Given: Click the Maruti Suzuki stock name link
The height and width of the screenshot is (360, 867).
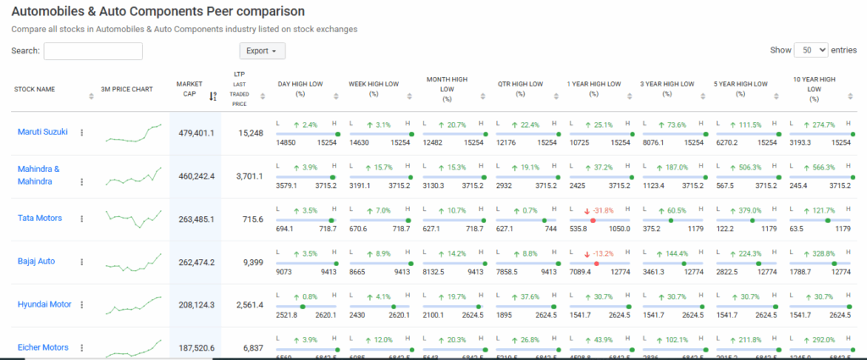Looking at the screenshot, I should click(42, 131).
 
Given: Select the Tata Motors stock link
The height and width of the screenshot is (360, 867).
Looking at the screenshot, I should click(40, 218).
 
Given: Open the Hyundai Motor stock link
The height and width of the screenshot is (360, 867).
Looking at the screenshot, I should click(44, 304).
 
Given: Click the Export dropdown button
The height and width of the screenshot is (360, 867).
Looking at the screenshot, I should click(262, 51).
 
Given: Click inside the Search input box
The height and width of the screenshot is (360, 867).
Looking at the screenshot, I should click(93, 51).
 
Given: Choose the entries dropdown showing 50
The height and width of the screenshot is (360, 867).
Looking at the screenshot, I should click(810, 50).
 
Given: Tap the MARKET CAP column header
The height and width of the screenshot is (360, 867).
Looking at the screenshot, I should click(189, 89).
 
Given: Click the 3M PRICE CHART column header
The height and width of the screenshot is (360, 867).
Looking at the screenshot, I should click(126, 88).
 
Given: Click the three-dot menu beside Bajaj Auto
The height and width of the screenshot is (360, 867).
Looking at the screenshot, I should click(82, 263).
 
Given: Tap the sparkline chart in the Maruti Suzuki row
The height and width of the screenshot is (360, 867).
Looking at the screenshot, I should click(134, 133).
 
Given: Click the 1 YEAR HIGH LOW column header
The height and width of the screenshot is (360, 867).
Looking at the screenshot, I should click(594, 84).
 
